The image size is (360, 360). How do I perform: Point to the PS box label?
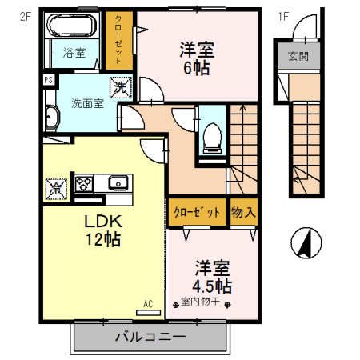[48, 80]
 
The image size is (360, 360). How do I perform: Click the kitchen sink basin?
[118, 183]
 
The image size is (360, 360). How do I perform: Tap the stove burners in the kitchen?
[84, 183]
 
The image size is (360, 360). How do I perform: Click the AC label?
[148, 303]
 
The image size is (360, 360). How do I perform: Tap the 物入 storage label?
[244, 213]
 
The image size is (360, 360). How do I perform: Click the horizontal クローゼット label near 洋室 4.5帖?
[197, 213]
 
